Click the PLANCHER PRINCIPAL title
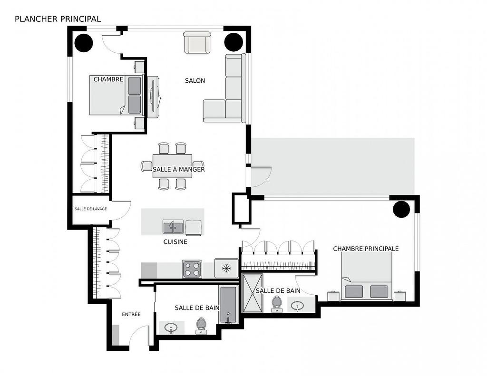58,19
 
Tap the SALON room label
195,81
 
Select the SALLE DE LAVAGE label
90,209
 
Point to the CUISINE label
175,242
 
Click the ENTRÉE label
131,315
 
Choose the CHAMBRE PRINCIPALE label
366,249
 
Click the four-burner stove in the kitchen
192,269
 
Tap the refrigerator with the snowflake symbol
226,268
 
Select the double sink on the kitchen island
173,227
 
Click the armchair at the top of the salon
197,43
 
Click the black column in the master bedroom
401,210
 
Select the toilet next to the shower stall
277,304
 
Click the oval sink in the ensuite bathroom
298,305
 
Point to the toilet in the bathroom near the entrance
201,325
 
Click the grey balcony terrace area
333,166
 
